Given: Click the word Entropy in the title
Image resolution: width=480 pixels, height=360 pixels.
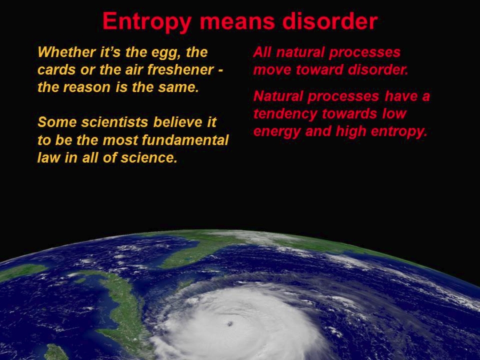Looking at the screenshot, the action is (147, 22).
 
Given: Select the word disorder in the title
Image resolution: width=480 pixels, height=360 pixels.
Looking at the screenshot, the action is (330, 21).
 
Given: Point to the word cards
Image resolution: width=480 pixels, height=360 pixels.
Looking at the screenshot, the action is (57, 69).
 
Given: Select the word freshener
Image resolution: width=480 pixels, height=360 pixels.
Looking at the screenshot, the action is (181, 69).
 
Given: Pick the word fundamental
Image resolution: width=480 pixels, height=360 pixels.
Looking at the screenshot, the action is (185, 140).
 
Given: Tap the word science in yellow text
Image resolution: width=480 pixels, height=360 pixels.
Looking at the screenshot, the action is (149, 158).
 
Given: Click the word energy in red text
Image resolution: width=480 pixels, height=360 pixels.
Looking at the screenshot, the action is (277, 132).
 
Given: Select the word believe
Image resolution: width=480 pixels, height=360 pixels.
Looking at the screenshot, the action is (178, 122).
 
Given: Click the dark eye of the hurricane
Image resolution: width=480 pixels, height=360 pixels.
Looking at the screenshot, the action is (230, 324).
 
